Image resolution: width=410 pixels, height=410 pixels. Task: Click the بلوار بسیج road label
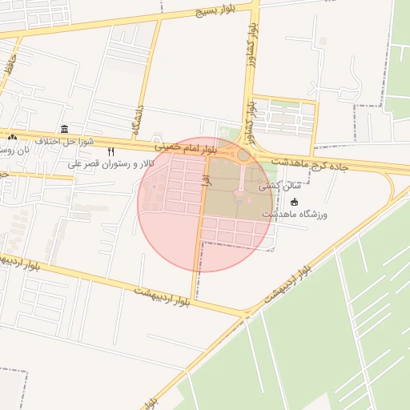click(x=220, y=12)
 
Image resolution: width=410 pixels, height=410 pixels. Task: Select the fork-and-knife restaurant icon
click(x=111, y=151)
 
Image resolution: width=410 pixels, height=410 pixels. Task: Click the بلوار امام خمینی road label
click(x=187, y=147)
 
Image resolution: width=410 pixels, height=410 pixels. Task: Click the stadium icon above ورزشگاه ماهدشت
click(x=294, y=202)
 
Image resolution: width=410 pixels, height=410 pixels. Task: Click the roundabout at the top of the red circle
click(x=243, y=155)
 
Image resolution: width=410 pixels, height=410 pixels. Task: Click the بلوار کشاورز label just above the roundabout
click(x=249, y=117)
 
